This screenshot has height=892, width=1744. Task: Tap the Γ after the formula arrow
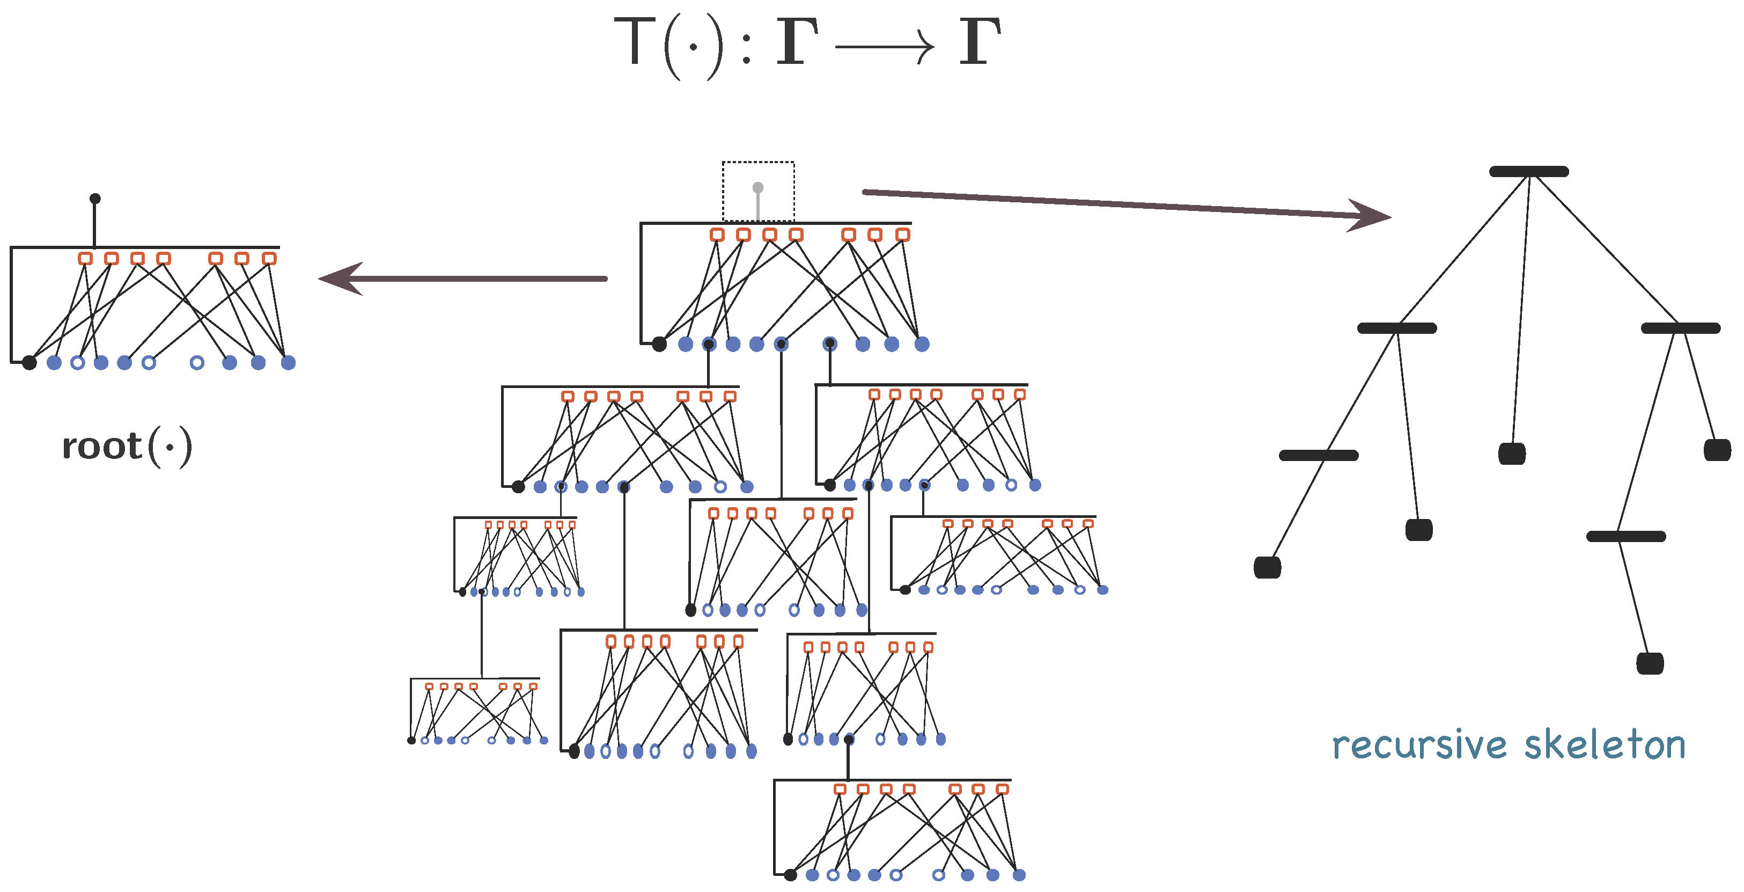tap(980, 42)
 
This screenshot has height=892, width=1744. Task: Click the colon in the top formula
tap(746, 47)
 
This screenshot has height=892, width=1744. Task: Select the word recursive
tap(1419, 745)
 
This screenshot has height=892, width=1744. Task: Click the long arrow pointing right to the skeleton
tap(1124, 204)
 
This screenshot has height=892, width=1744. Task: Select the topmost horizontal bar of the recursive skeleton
tap(1529, 171)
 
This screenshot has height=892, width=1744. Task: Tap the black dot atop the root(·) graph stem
tap(95, 199)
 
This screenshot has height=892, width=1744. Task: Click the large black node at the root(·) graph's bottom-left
tap(29, 362)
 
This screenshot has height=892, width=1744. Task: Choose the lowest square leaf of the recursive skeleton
tap(1650, 663)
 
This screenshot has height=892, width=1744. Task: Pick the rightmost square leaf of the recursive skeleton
tap(1717, 450)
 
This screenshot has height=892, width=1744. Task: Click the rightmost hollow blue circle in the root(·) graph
tap(197, 362)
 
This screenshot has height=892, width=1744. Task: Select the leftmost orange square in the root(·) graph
tap(85, 258)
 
